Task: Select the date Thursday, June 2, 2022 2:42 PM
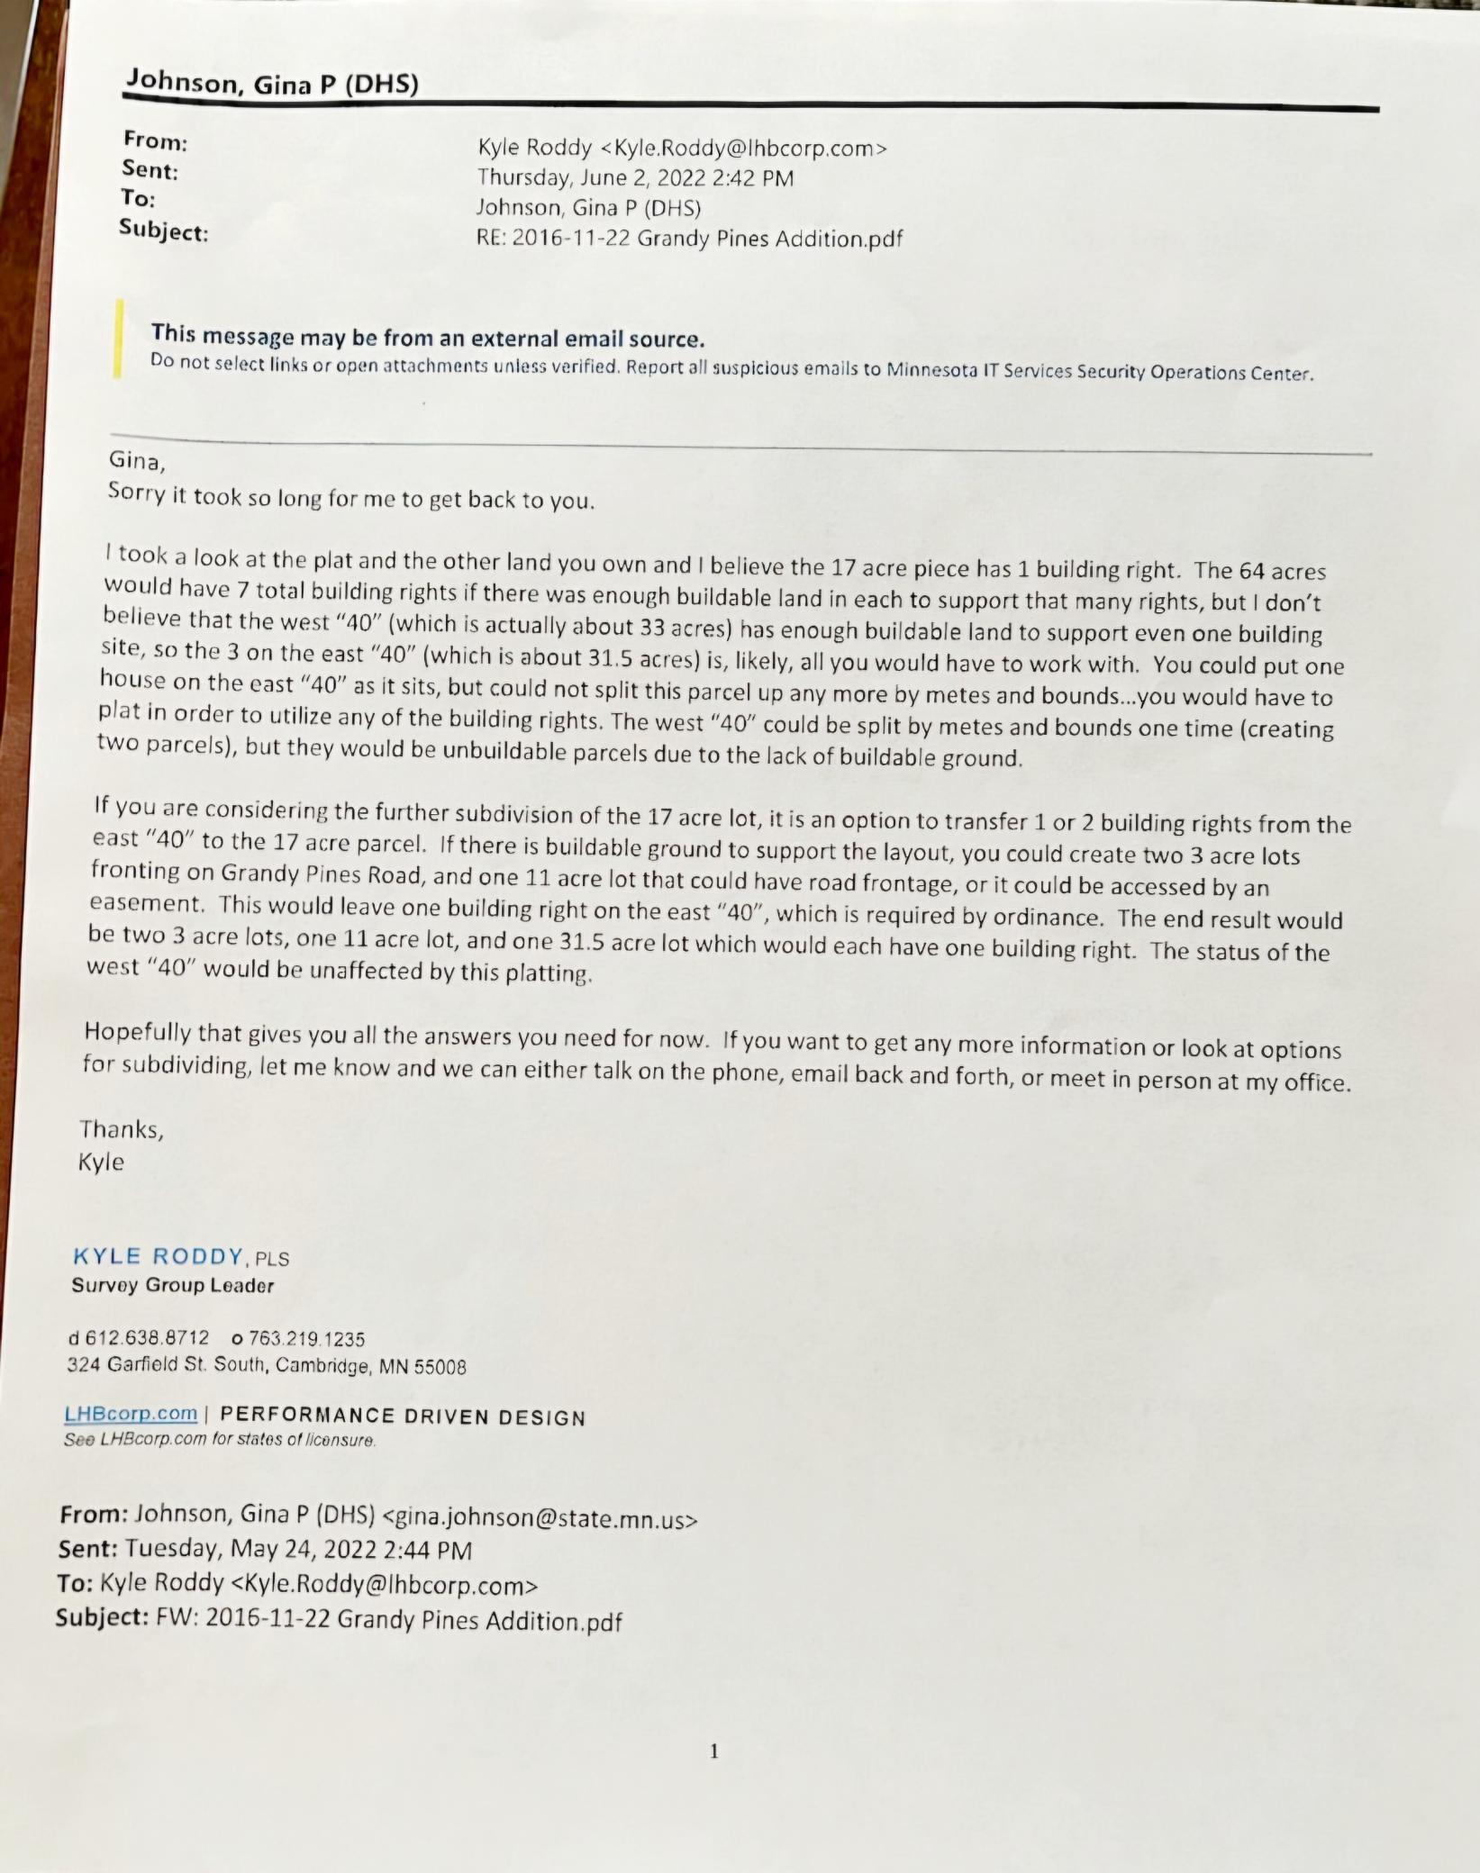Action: coord(635,177)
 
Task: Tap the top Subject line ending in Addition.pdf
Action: coord(689,239)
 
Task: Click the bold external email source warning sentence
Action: coord(427,338)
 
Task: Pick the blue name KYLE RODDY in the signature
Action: coord(158,1256)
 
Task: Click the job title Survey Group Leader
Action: coord(172,1286)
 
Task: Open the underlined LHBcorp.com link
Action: coord(131,1413)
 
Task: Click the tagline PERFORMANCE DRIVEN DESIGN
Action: coord(403,1416)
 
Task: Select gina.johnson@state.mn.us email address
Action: coord(540,1519)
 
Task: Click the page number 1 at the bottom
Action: coord(714,1751)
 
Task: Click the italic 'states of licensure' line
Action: coord(219,1440)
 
